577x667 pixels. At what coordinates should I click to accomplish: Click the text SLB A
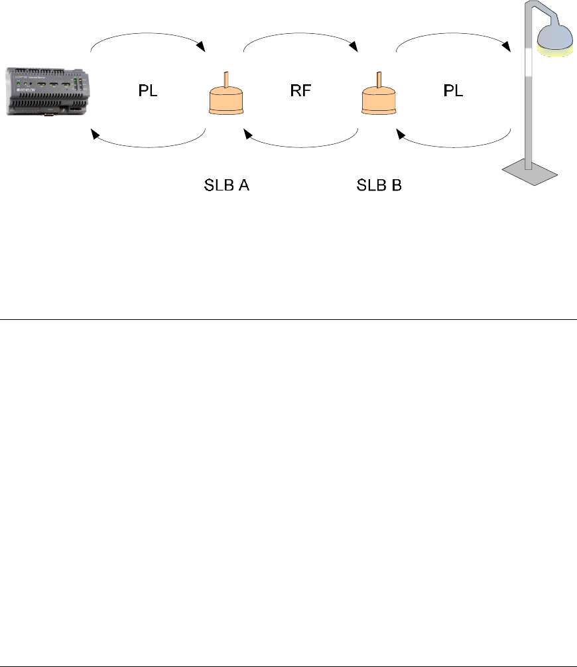(227, 185)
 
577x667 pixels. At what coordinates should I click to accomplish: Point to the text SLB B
(379, 185)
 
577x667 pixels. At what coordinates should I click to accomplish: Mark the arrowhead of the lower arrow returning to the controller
(95, 135)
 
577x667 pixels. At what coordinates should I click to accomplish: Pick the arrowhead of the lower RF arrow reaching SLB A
(248, 135)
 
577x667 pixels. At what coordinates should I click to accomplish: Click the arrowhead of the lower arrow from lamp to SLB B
(401, 135)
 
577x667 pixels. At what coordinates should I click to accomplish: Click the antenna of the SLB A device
(225, 80)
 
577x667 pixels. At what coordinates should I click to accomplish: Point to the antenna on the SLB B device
(379, 80)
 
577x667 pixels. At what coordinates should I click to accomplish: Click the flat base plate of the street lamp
(530, 172)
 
